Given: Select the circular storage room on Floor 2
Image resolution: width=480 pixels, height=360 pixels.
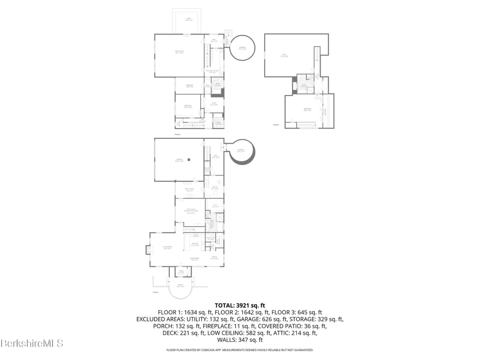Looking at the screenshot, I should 242,48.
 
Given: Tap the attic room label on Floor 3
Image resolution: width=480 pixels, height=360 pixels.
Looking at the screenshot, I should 283,55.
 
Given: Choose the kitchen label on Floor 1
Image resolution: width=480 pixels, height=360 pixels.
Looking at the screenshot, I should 195,244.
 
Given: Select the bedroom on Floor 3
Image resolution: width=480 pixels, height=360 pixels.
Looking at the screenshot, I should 308,110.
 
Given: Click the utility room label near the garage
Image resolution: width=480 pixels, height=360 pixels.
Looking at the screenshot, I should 214,189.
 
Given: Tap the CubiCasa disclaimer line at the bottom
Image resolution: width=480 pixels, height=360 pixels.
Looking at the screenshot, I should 239,350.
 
